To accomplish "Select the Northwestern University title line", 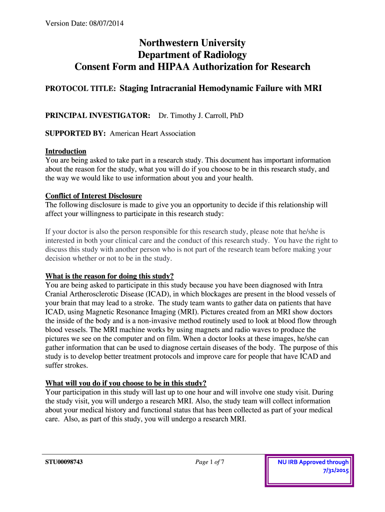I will tap(192, 43).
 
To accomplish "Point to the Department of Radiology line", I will tap(192, 55).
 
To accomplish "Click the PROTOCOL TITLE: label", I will tap(80, 89).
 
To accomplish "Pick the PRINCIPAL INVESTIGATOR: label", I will tap(98, 115).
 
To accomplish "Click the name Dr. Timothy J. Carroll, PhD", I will tap(200, 115).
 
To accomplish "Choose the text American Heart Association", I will tap(152, 133).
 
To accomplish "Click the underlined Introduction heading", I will tap(65, 151).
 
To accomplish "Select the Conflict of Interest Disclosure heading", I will tap(93, 195).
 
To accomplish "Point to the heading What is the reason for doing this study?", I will tap(109, 276).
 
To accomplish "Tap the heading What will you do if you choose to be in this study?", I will tap(125, 383).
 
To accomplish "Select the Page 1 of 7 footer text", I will tap(209, 462).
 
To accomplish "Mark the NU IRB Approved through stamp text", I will tap(313, 462).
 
